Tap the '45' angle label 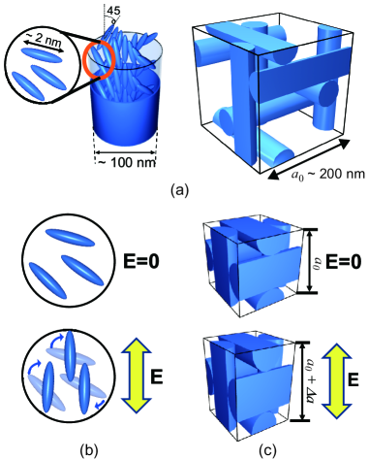click(x=113, y=11)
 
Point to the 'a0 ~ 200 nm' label click(x=327, y=175)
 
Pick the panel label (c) click(x=270, y=449)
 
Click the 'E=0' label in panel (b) click(x=141, y=262)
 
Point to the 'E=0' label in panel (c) click(x=343, y=262)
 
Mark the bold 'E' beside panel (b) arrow click(x=157, y=377)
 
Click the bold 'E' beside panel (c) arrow click(x=354, y=380)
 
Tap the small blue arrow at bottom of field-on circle click(x=101, y=403)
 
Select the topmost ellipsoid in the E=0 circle click(x=70, y=237)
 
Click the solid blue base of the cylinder click(x=125, y=110)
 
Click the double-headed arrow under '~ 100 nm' click(x=126, y=152)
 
